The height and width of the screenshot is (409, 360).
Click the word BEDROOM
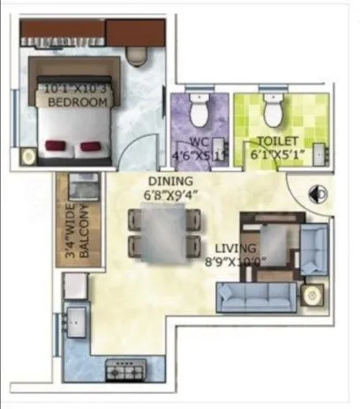78,103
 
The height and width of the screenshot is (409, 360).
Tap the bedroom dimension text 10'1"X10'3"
78,89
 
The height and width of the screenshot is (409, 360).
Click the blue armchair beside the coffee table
313,248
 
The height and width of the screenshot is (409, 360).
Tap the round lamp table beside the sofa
311,294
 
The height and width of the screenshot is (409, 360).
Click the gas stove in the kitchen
122,369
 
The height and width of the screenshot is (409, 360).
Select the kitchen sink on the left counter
73,322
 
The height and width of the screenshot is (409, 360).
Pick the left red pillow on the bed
57,145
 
